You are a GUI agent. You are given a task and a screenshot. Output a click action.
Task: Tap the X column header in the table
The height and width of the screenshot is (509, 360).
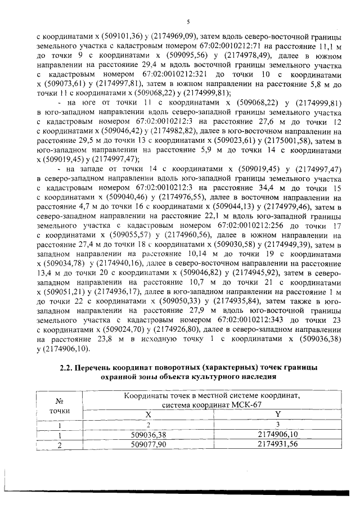(148, 413)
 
